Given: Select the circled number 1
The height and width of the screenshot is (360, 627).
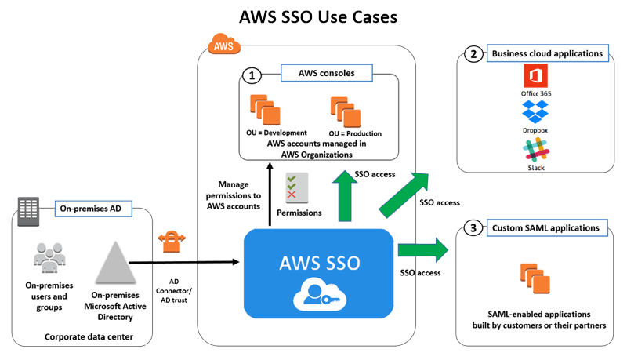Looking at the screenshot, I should tap(252, 76).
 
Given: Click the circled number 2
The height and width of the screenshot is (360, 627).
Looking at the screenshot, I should tap(473, 54).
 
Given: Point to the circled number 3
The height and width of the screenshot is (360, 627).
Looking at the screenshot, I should tap(473, 229).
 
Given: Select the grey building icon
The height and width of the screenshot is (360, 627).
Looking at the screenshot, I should tap(30, 209).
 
